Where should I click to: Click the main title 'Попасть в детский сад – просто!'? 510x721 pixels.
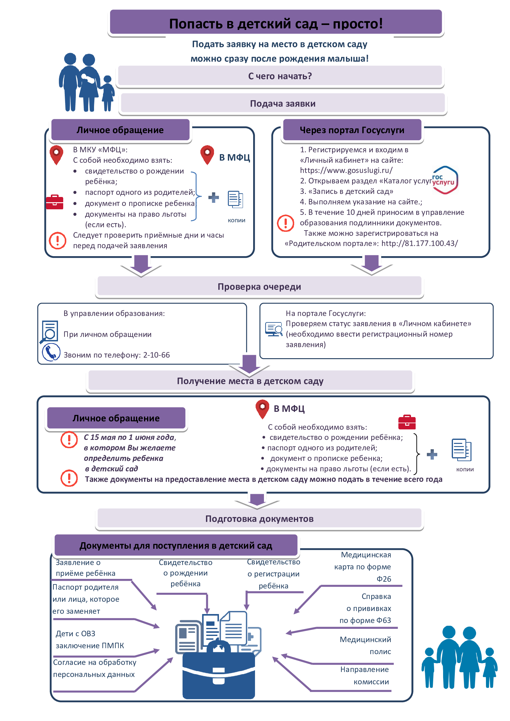(276, 23)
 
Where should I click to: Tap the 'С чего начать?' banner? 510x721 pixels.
(280, 76)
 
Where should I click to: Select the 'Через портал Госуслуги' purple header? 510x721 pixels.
(352, 130)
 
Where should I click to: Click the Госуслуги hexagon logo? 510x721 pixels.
(445, 180)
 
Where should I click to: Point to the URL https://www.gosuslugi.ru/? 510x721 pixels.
(346, 170)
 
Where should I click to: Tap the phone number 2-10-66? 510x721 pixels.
(156, 355)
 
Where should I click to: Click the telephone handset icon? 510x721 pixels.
(51, 352)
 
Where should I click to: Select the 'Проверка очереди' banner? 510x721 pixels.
(259, 286)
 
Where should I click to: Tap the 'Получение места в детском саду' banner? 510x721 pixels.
(250, 381)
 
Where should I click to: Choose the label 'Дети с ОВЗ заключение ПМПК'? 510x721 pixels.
(90, 639)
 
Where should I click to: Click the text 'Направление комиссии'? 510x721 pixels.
(364, 675)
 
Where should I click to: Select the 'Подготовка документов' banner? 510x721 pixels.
(259, 518)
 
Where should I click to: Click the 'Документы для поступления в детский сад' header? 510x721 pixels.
(176, 546)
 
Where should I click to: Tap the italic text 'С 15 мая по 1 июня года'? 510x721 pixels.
(130, 437)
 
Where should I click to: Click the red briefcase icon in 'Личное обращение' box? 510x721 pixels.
(55, 202)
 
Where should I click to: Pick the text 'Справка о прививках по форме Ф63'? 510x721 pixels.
(365, 608)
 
